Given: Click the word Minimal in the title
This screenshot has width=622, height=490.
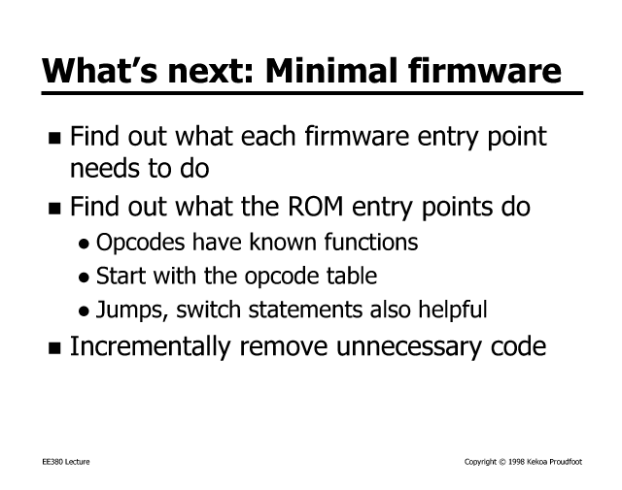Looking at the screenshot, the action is click(x=331, y=71).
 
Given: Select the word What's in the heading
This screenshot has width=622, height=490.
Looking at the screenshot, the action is click(x=99, y=71).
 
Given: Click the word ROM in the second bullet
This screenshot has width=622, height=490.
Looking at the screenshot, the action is click(x=315, y=207).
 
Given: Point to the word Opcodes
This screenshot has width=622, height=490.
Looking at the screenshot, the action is click(x=140, y=243).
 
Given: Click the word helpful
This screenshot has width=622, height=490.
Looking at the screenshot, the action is click(x=453, y=310).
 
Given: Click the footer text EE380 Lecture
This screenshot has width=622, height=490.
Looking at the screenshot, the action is click(x=66, y=462).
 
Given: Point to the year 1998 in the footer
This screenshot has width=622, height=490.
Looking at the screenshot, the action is click(x=516, y=462).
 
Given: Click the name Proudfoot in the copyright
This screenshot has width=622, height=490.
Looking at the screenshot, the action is click(x=566, y=462).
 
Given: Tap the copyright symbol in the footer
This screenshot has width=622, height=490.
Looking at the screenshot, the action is click(x=502, y=462).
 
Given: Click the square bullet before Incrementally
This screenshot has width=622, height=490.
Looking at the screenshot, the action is click(x=54, y=348).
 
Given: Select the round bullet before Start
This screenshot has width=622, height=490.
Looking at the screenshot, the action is click(x=84, y=278).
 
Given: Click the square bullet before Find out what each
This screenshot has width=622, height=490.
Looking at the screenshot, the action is click(x=54, y=138).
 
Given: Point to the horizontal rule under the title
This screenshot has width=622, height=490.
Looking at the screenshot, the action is click(x=312, y=93).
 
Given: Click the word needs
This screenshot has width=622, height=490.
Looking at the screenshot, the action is click(x=104, y=169).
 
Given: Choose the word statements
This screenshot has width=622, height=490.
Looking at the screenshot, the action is click(x=305, y=310).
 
